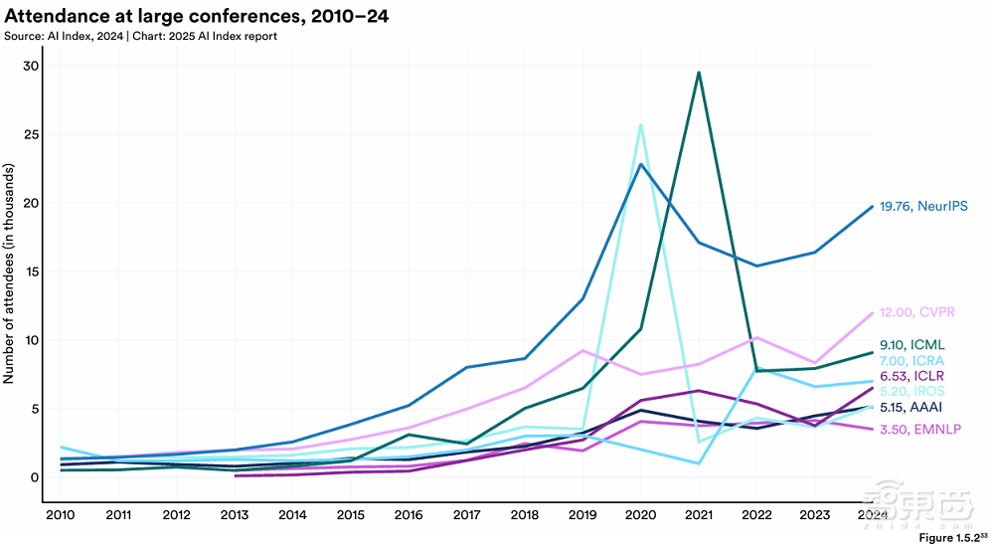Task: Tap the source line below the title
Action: (140, 36)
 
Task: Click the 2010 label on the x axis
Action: (62, 515)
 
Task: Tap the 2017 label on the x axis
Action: (466, 515)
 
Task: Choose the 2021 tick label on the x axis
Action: (698, 515)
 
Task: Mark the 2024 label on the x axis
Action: (872, 515)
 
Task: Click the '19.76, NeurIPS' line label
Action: (923, 207)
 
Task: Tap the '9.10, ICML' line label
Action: (912, 344)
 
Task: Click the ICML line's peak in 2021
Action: (699, 72)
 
